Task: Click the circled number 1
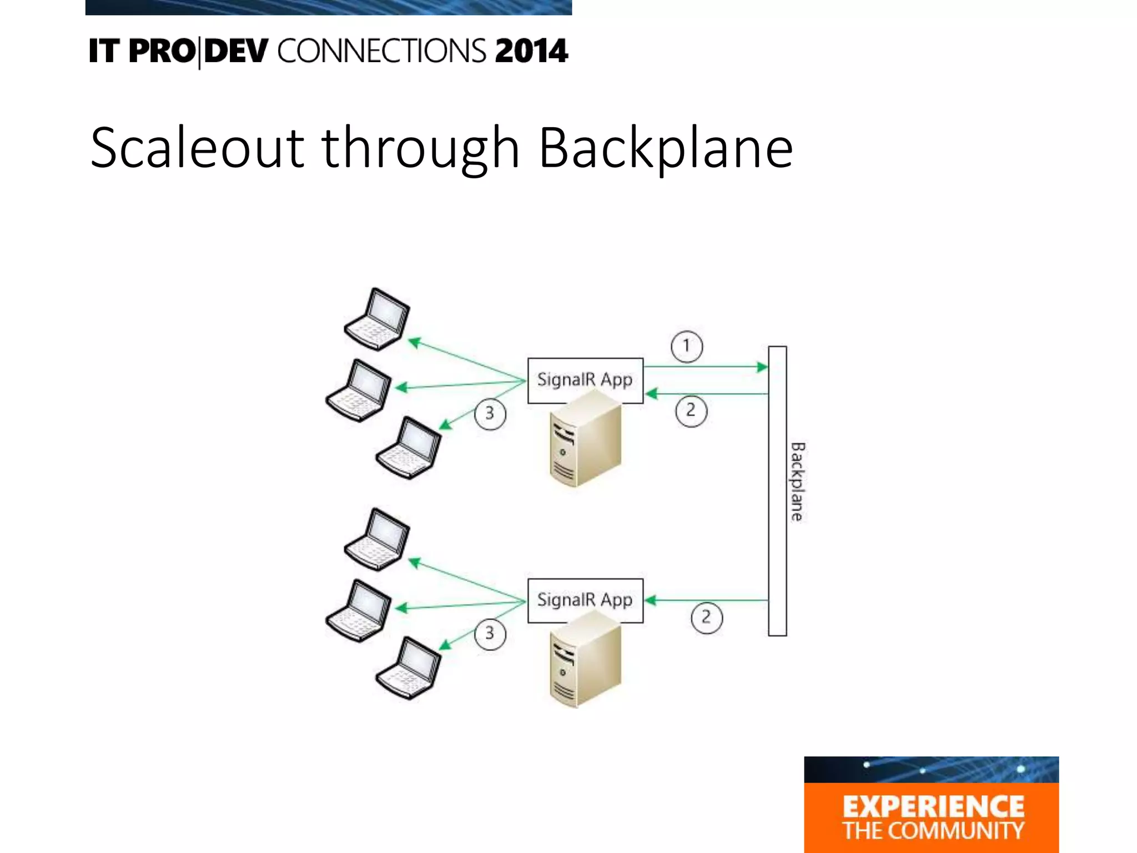687,347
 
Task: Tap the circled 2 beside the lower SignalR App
706,618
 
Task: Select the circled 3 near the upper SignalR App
490,414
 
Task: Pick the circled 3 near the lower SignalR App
490,634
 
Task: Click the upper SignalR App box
585,380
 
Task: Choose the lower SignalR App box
585,600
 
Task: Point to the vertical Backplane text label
797,481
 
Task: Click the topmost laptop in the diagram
377,319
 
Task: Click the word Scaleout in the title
197,148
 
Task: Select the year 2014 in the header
531,51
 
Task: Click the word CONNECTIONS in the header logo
381,51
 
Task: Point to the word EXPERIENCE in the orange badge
933,806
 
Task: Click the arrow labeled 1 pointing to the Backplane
705,367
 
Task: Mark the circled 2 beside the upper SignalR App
691,411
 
